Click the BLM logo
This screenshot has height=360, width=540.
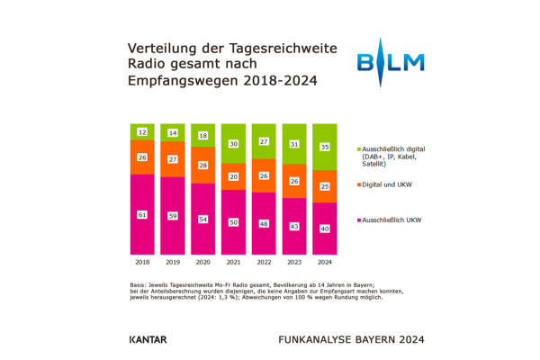coord(391,62)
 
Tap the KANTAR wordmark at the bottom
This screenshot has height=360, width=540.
coord(148,339)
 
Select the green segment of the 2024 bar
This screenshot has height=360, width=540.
coord(324,147)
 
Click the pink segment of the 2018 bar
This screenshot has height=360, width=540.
coord(142,214)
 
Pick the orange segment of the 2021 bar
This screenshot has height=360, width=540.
coord(233,176)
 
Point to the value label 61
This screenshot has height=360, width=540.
coord(142,215)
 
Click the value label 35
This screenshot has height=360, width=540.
coord(324,147)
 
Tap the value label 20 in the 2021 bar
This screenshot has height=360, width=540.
coord(233,176)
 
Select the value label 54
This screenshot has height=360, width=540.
coord(202,220)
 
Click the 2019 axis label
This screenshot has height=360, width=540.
coord(173,262)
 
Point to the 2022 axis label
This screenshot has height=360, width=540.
coord(264,262)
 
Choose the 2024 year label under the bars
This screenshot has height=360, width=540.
coord(324,262)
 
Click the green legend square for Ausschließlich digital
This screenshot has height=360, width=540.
coord(359,149)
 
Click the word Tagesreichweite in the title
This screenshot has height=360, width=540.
coord(283,49)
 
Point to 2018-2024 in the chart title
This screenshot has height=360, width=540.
coord(280,81)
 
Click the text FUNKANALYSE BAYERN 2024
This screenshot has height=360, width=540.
coord(351,339)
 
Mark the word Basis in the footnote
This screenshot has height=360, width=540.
coord(138,285)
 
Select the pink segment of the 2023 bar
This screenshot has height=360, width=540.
coord(294,226)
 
